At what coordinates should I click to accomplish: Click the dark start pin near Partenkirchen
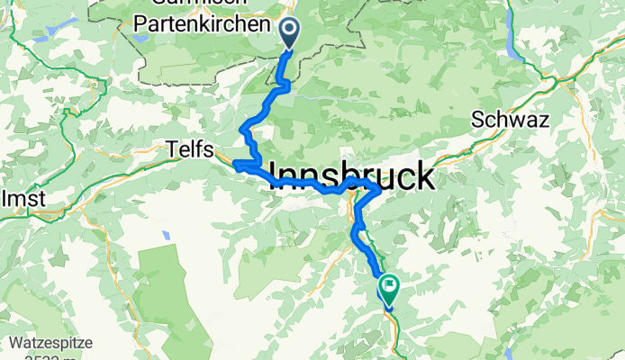pyautogui.click(x=290, y=33)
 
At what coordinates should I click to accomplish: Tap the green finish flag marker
pyautogui.click(x=390, y=288)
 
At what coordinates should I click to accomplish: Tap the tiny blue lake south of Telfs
pyautogui.click(x=166, y=235)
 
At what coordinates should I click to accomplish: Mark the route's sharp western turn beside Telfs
pyautogui.click(x=236, y=164)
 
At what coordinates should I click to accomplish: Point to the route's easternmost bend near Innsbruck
pyautogui.click(x=379, y=189)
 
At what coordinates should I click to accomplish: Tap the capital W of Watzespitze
pyautogui.click(x=19, y=342)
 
